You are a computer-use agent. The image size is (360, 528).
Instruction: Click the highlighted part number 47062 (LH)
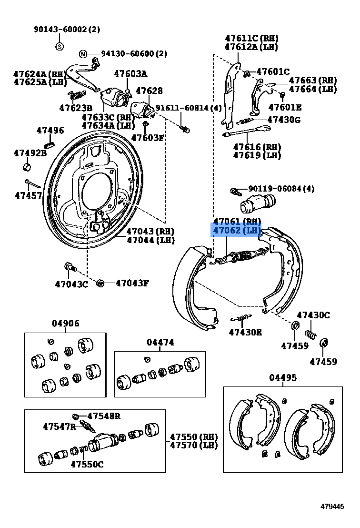tap(237, 231)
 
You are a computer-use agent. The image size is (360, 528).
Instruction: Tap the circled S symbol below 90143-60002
tap(60, 46)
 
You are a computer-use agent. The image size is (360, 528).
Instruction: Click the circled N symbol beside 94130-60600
tap(82, 54)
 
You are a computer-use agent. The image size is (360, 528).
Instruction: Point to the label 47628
tap(149, 91)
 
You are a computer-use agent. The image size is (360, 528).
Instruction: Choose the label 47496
tap(50, 130)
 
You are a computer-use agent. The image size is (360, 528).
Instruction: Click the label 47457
tap(28, 195)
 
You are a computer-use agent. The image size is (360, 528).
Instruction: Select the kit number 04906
tap(65, 324)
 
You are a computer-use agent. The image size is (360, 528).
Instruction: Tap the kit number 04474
tap(160, 342)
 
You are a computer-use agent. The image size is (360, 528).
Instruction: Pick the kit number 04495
tap(283, 377)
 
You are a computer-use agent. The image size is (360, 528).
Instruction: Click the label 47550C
tap(87, 464)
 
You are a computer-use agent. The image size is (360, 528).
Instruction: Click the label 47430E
tap(245, 332)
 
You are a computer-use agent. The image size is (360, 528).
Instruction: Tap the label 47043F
tap(132, 283)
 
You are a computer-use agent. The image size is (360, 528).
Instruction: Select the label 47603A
tap(130, 73)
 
